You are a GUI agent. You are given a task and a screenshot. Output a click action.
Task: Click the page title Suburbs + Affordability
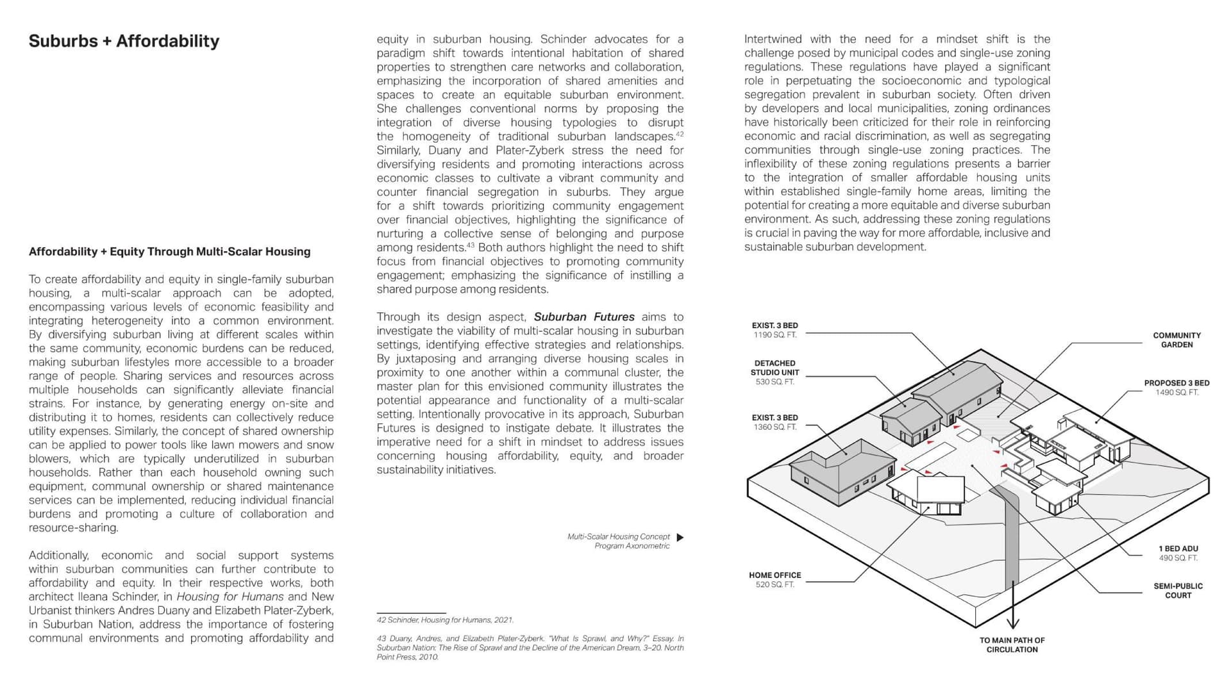click(124, 41)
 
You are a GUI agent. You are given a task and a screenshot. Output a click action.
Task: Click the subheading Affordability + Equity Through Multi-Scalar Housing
click(169, 252)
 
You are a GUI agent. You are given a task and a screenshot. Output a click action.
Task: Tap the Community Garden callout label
click(1177, 340)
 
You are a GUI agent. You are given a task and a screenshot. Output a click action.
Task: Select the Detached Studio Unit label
click(775, 368)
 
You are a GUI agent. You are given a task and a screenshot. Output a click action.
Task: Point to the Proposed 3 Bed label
click(1177, 383)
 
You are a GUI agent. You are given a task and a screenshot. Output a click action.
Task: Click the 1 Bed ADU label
click(1178, 549)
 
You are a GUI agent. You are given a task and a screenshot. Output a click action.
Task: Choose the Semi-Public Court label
click(1178, 591)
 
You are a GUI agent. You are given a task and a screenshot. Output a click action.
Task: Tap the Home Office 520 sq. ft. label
click(775, 580)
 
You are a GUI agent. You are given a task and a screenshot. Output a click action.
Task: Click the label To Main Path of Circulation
click(1012, 645)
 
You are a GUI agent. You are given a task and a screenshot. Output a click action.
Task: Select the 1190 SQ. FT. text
click(775, 335)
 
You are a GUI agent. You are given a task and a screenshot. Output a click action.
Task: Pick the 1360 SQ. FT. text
click(775, 427)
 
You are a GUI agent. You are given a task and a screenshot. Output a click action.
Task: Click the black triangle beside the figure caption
click(680, 538)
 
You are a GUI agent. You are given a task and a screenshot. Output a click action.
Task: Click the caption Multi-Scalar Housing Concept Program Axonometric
click(618, 541)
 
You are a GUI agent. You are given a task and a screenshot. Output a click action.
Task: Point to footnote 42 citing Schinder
click(445, 620)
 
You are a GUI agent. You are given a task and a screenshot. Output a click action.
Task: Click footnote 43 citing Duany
click(530, 648)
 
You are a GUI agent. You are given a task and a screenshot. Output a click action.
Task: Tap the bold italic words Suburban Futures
click(583, 317)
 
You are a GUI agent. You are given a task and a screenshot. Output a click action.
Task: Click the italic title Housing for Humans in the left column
click(230, 597)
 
